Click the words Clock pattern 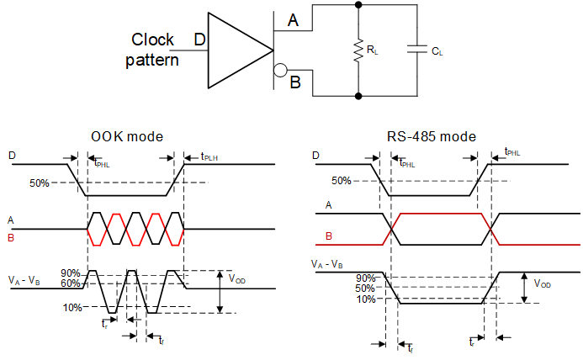click(153, 50)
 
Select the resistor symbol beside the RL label click(359, 50)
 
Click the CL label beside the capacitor click(437, 52)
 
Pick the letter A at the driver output click(293, 21)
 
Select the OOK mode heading click(126, 136)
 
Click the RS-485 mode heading click(432, 136)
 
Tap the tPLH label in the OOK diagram click(209, 156)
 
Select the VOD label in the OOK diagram click(239, 277)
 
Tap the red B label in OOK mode click(12, 237)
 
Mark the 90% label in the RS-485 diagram click(366, 278)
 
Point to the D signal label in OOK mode click(12, 156)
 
